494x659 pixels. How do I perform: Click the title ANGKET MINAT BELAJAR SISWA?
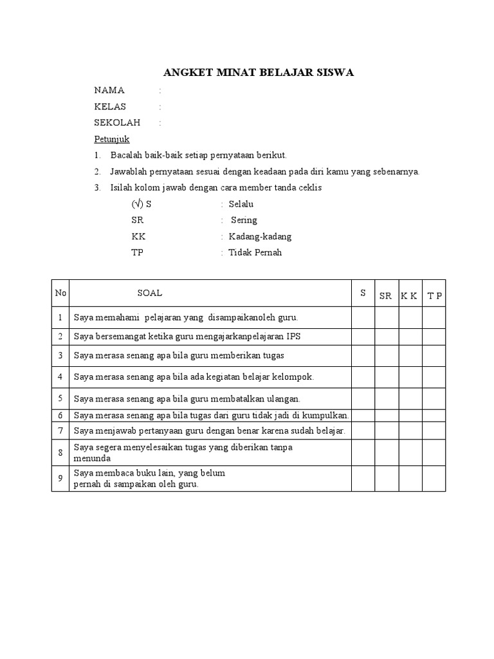click(x=257, y=73)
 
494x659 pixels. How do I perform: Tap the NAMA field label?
click(x=109, y=90)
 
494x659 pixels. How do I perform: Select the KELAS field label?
click(x=110, y=106)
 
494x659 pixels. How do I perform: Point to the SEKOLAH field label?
click(x=116, y=122)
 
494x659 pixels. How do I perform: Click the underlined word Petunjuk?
click(x=112, y=139)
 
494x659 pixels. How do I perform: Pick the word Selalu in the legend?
click(x=241, y=204)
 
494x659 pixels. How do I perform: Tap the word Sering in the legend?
click(x=244, y=220)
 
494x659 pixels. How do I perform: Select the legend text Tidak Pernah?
click(x=255, y=252)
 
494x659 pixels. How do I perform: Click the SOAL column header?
click(x=150, y=293)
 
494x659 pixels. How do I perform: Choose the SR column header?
click(x=385, y=296)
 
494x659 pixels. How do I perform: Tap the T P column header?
click(x=434, y=296)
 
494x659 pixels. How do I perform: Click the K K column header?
click(x=409, y=296)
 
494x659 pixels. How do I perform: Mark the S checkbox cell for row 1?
click(x=363, y=317)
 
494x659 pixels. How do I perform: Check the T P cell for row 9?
click(x=434, y=479)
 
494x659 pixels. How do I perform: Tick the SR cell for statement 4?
click(x=387, y=376)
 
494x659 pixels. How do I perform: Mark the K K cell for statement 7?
click(x=410, y=430)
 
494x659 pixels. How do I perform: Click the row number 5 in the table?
click(x=60, y=398)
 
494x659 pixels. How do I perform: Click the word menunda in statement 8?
click(x=92, y=458)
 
